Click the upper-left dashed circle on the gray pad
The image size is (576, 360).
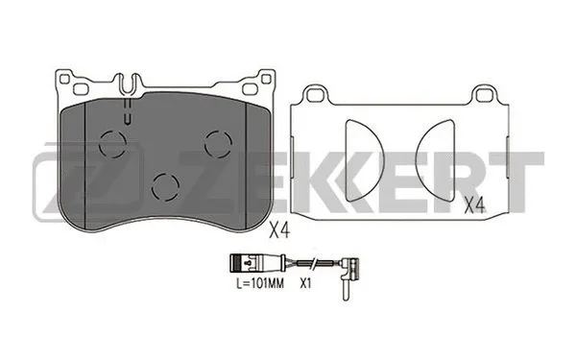click(x=113, y=144)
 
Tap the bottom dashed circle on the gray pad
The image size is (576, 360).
click(x=168, y=185)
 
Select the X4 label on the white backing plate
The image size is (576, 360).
click(x=473, y=204)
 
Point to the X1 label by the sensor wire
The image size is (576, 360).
click(x=307, y=284)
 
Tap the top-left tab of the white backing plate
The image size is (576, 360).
click(x=312, y=93)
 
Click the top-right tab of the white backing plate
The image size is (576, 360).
click(x=483, y=93)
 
